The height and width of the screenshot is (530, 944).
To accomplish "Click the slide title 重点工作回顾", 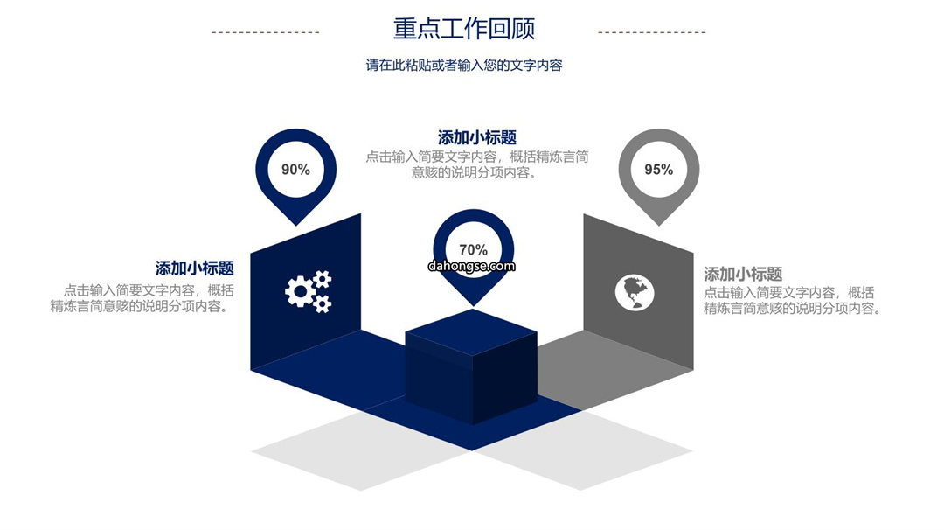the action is (463, 29).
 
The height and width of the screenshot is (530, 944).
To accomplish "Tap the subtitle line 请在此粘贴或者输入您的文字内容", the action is (464, 65).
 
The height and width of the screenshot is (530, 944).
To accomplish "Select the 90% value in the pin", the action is (295, 170).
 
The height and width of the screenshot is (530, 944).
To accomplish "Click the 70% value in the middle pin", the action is (473, 249).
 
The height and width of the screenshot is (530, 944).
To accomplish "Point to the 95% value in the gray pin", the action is (659, 170).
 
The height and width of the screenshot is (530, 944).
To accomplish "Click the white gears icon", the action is (309, 291).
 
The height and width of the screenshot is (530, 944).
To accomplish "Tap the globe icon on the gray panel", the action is (635, 293).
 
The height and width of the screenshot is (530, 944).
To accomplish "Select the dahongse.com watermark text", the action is (472, 266).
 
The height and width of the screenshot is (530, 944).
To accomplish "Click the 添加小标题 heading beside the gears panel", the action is (194, 268).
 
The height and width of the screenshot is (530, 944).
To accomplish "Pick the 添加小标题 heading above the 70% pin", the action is (477, 138).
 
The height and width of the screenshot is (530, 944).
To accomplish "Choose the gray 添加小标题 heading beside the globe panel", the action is (743, 275).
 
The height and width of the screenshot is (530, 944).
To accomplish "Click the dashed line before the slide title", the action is (266, 32).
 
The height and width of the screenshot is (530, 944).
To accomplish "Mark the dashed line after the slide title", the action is (651, 32).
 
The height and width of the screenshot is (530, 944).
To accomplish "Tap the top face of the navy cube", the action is (471, 331).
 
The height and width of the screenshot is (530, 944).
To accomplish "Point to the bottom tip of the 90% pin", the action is (295, 226).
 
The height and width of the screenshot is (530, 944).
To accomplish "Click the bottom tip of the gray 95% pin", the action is (659, 226).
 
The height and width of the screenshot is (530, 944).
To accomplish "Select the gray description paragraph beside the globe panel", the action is (792, 301).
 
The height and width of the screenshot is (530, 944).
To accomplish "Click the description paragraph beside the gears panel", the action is (142, 298).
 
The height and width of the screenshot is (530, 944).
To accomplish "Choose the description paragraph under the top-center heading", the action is (477, 164).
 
